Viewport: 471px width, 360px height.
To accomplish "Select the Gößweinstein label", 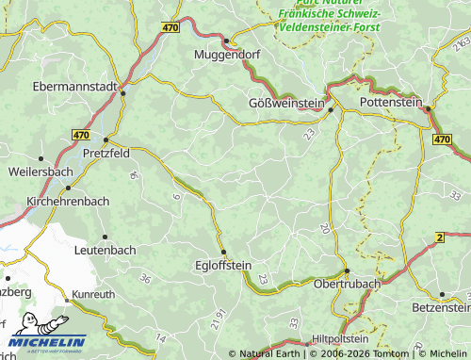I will (285, 102).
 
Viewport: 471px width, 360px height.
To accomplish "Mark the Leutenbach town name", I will (105, 252).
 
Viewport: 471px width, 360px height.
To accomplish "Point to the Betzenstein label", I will (441, 308).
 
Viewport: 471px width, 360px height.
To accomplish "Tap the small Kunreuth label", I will (93, 295).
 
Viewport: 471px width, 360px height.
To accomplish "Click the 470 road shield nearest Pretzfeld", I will (81, 136).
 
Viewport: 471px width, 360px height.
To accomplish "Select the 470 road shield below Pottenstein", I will (443, 139).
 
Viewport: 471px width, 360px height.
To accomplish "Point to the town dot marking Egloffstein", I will (223, 252).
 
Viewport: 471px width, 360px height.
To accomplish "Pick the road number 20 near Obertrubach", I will (325, 228).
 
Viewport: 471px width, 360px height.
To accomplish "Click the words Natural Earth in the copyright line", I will (271, 353).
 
